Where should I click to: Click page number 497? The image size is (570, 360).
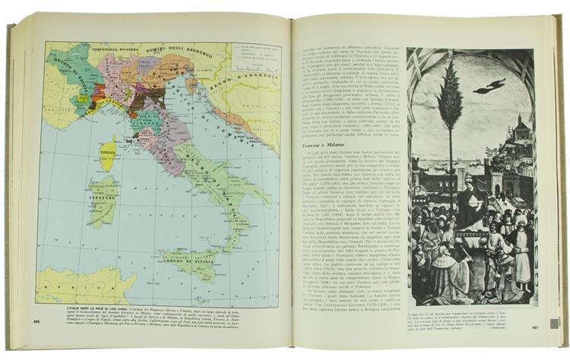[553, 327]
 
